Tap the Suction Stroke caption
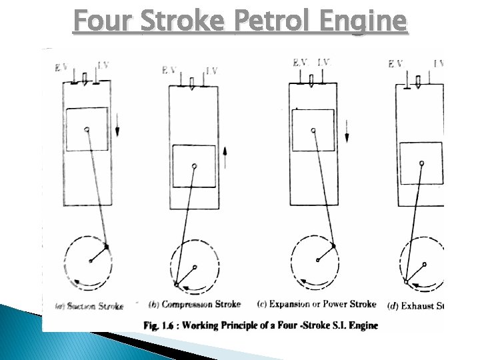point(90,307)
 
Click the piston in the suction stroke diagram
point(87,129)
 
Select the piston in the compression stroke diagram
point(194,166)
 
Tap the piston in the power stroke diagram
point(313,129)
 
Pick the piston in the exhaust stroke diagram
point(421,163)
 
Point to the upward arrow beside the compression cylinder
point(225,158)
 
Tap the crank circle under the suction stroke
point(90,260)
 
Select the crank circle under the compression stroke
point(195,267)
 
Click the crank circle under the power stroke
point(317,260)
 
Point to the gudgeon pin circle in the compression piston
point(194,165)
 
